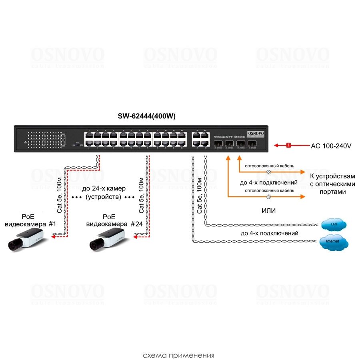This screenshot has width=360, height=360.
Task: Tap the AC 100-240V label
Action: tap(331, 146)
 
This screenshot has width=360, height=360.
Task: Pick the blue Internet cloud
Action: tap(333, 242)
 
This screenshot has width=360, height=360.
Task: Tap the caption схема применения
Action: tap(179, 355)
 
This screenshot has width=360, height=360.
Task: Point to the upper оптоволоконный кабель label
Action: tap(269, 165)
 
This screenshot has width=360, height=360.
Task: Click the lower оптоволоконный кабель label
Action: tap(269, 190)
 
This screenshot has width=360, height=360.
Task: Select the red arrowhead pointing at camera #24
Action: tap(136, 237)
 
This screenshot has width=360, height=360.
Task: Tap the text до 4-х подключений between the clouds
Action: tap(269, 233)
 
